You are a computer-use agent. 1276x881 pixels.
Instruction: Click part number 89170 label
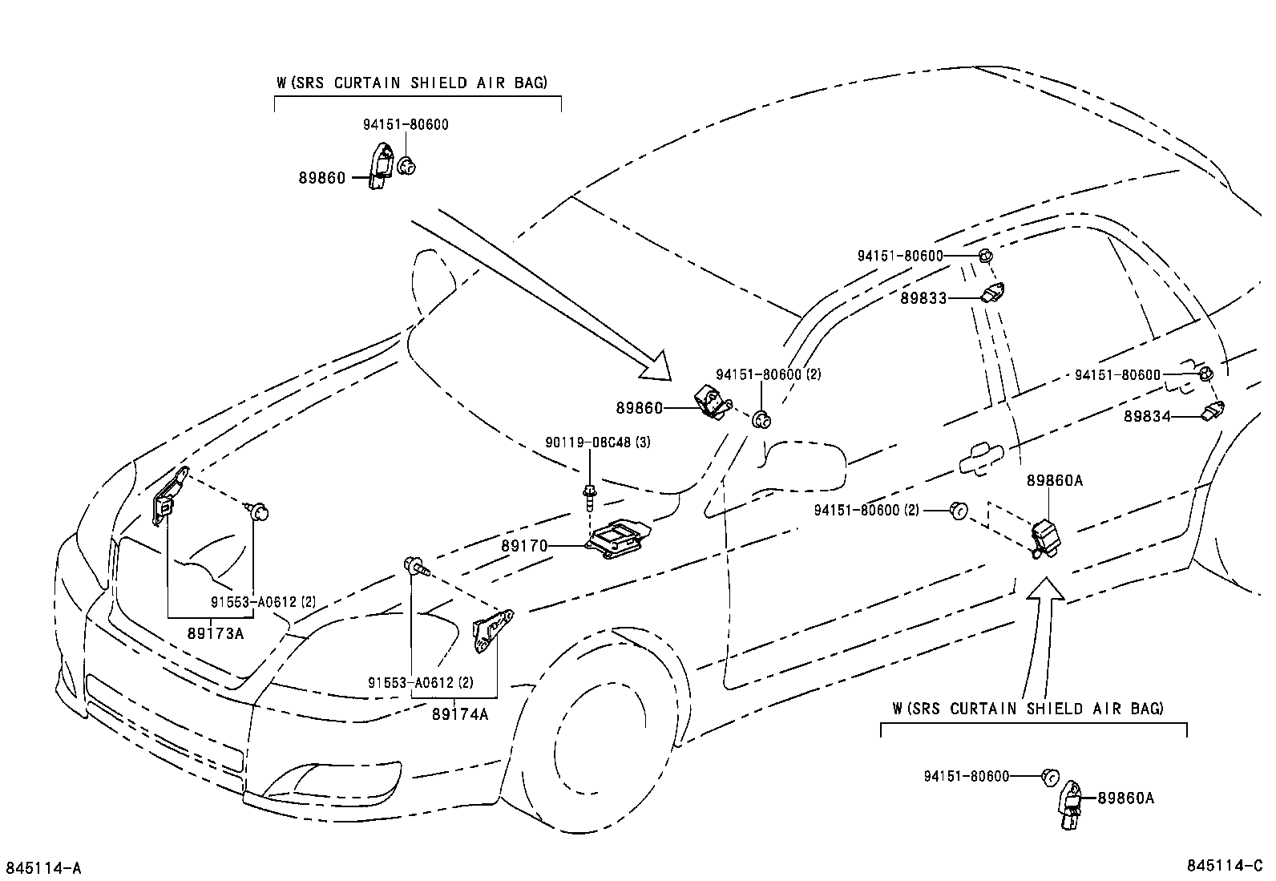[524, 546]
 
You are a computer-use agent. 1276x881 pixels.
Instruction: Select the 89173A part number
[215, 633]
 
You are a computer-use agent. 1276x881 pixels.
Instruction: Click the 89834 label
[1147, 417]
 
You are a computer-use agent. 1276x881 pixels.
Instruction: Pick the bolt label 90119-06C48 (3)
[597, 442]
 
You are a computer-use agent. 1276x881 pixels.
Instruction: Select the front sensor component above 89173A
[169, 497]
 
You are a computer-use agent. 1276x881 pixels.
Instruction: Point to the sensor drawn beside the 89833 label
[994, 293]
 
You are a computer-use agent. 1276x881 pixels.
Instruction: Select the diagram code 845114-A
[44, 867]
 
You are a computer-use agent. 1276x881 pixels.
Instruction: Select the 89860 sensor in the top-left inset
[380, 166]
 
